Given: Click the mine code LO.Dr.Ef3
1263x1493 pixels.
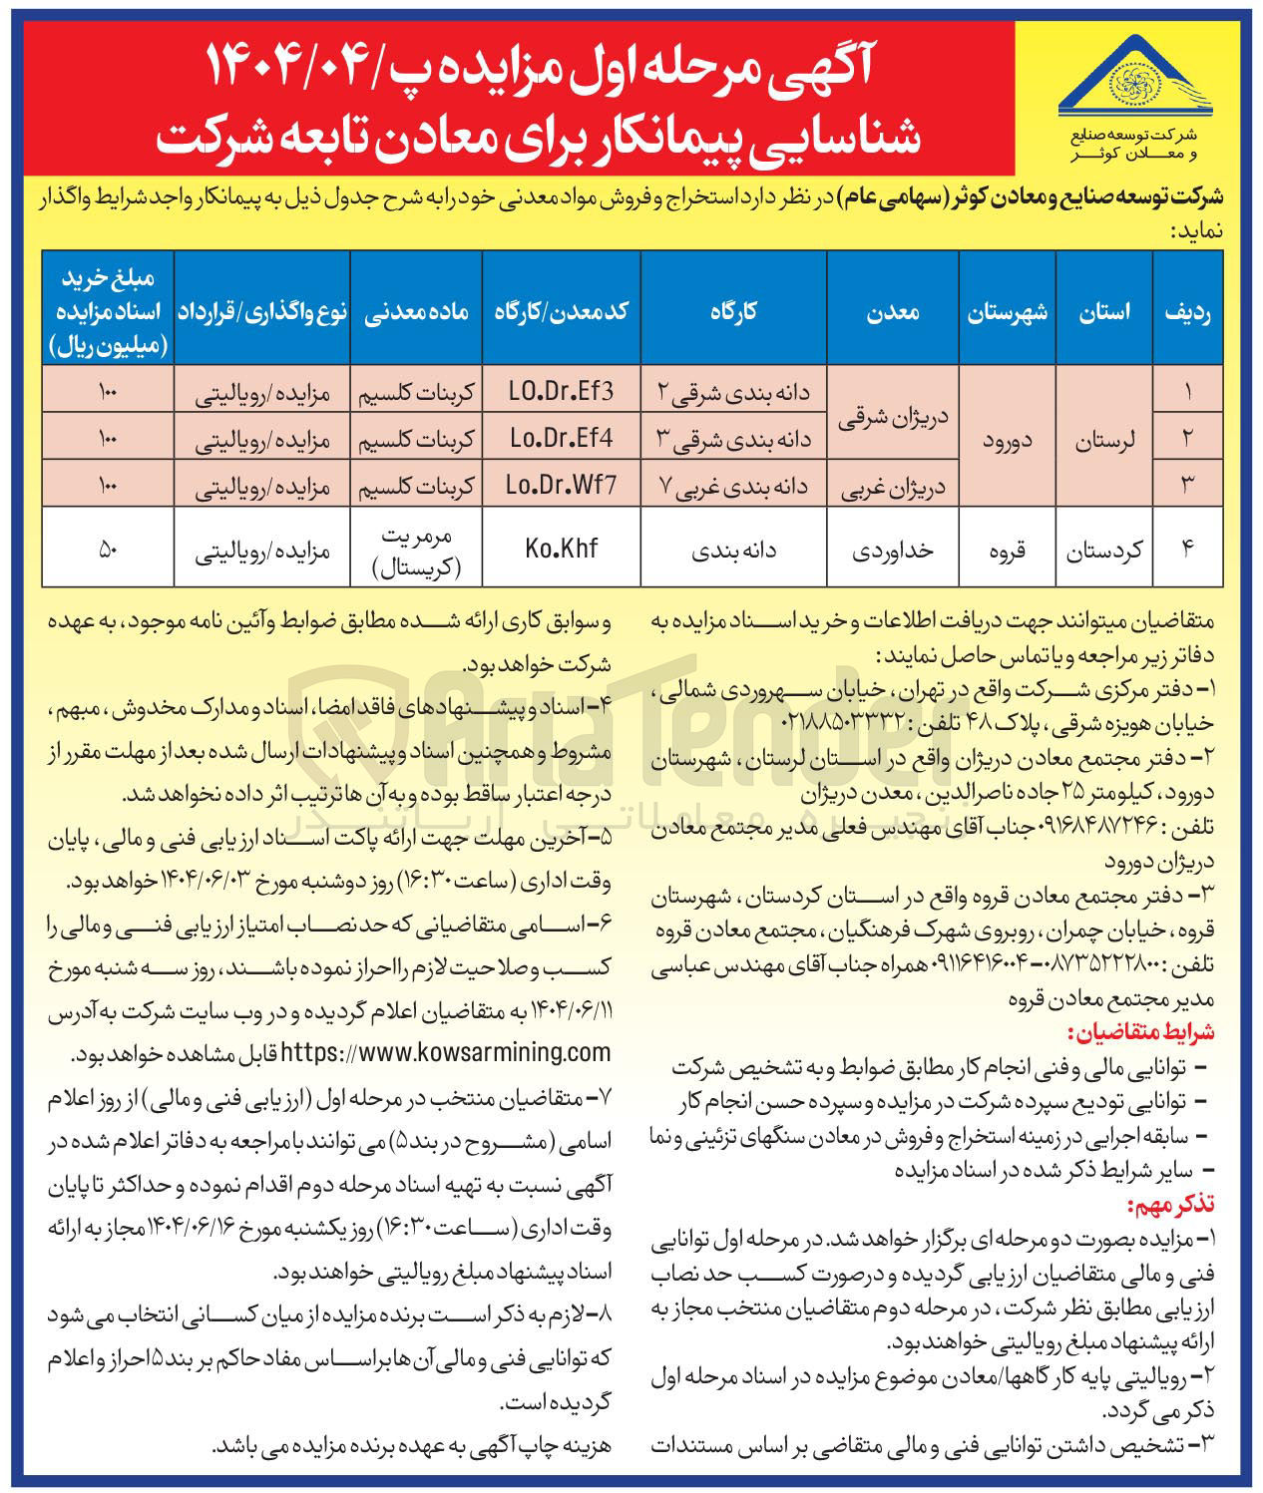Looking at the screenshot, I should point(562,390).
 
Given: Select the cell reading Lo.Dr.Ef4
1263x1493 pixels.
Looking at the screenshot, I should point(562,437).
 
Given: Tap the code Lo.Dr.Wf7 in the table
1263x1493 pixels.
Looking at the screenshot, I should point(562,485).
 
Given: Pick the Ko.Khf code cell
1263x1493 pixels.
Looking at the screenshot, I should point(562,548).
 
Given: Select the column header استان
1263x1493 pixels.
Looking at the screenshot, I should point(1104,311).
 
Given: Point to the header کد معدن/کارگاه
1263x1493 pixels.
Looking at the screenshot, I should point(562,311).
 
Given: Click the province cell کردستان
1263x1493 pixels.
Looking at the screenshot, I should point(1104,548).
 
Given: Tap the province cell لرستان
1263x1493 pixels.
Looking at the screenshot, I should point(1104,437).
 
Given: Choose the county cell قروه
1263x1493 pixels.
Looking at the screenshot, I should point(1007,548).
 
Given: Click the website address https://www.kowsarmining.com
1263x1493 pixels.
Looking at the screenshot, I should point(446,1051).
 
